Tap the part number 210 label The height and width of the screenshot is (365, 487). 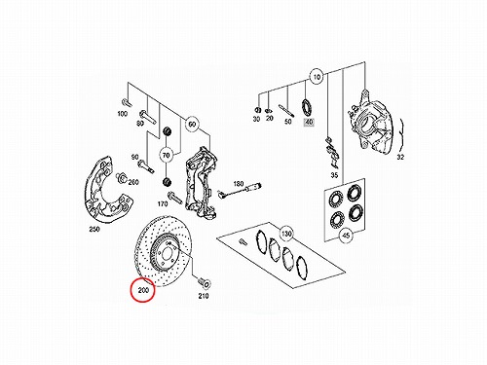(x=204, y=296)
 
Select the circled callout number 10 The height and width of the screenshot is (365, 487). (x=317, y=77)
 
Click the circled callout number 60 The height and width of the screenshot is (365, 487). (x=192, y=125)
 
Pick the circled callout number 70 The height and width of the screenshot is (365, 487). (x=166, y=156)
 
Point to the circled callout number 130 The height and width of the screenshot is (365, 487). (x=286, y=234)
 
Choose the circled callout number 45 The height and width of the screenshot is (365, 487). (x=346, y=235)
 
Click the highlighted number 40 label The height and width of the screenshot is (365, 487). (x=309, y=123)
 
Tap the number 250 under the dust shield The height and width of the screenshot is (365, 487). (x=94, y=229)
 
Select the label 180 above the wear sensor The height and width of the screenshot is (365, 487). (x=239, y=184)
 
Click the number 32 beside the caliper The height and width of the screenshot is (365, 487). (x=400, y=157)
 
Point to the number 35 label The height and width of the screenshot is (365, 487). (x=334, y=175)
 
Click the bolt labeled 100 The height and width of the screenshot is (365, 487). (x=126, y=102)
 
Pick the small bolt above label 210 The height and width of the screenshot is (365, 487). (x=204, y=283)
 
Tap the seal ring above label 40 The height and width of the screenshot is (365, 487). (x=307, y=108)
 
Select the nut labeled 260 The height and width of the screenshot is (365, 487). (x=121, y=177)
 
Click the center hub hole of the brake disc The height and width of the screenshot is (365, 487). (x=168, y=253)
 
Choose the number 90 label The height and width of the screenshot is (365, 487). (x=134, y=157)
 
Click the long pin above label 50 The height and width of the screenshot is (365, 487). (x=286, y=110)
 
